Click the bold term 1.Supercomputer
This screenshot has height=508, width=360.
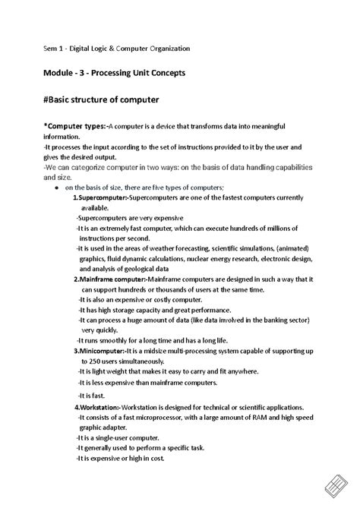[100, 197]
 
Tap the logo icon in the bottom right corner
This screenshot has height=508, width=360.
[336, 484]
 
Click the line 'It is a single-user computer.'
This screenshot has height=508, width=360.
[117, 438]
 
